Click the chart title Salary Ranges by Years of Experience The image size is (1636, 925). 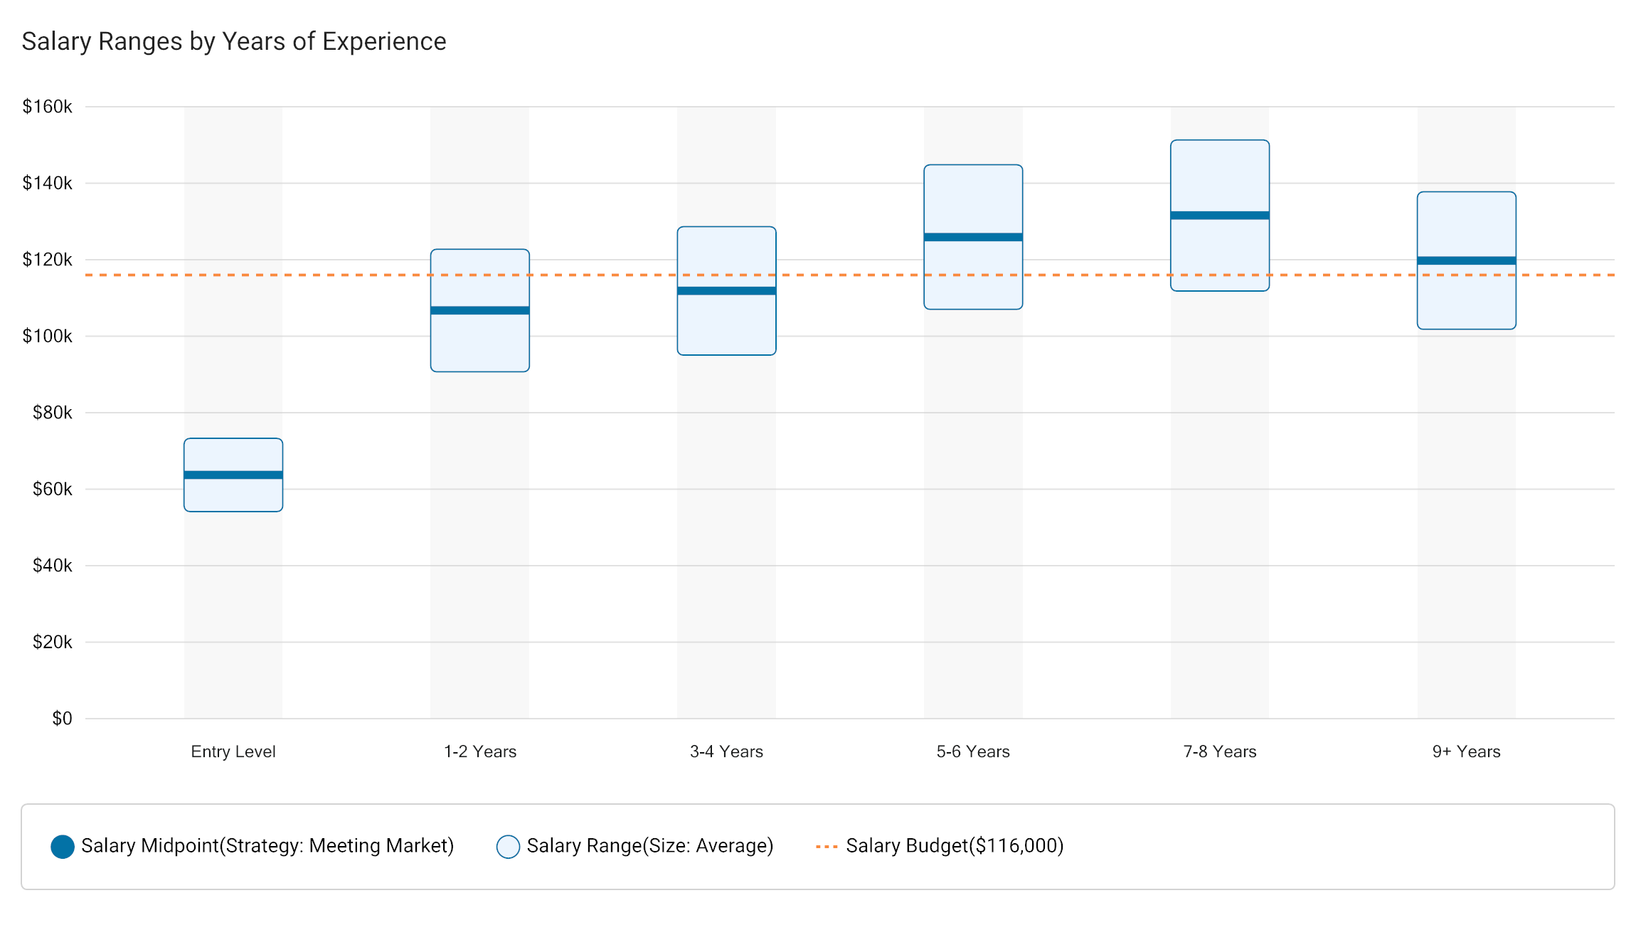(234, 41)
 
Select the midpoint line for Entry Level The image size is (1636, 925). (233, 475)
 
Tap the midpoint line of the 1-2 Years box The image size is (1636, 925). (480, 310)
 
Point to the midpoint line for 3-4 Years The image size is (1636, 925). (726, 290)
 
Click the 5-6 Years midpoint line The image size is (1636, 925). (973, 237)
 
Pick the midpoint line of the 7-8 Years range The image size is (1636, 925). (1220, 215)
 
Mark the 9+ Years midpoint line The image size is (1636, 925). (1466, 260)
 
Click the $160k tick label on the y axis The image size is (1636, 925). (48, 107)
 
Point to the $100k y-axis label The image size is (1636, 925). (48, 336)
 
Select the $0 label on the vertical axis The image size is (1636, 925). (62, 719)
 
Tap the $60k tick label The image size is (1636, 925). (53, 489)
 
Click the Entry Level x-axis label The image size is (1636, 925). (233, 751)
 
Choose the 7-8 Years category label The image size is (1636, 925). (1220, 751)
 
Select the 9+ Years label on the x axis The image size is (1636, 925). (1466, 751)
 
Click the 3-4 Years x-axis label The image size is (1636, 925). (726, 751)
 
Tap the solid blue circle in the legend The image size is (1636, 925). (63, 847)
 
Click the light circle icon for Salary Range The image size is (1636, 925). (508, 847)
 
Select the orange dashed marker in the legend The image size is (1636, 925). (827, 847)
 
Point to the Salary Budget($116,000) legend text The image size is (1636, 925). (955, 846)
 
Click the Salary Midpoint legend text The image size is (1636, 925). (267, 846)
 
